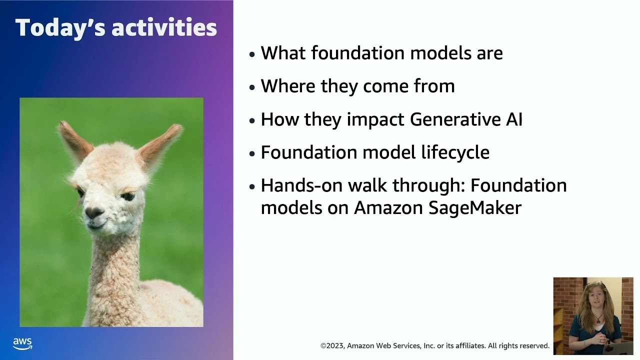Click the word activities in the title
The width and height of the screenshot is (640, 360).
pyautogui.click(x=164, y=28)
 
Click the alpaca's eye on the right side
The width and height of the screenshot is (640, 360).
pyautogui.click(x=128, y=196)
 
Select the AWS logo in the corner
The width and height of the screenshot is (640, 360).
pyautogui.click(x=22, y=344)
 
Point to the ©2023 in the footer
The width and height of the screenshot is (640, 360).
pyautogui.click(x=332, y=345)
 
